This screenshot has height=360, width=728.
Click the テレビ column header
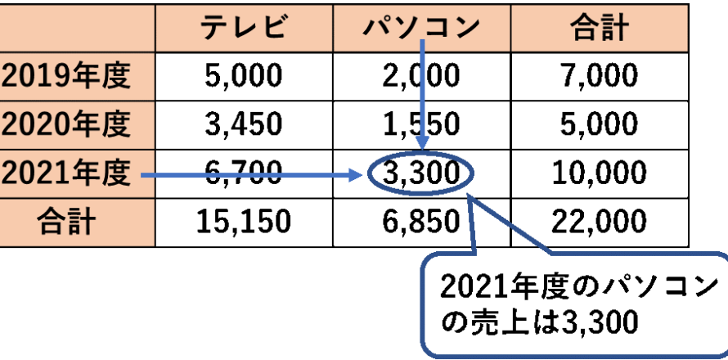[244, 28]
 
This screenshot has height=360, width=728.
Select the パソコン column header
[421, 28]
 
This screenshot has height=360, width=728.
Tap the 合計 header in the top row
[599, 28]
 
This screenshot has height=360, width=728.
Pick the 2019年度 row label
[67, 76]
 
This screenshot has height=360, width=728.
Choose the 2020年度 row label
[67, 124]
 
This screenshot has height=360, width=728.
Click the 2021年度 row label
[67, 173]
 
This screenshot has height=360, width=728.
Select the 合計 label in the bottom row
[67, 222]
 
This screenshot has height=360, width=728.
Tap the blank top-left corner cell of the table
[77, 27]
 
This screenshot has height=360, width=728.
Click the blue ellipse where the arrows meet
[420, 174]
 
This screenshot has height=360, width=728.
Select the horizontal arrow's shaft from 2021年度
[245, 174]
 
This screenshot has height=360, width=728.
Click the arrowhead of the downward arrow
[422, 142]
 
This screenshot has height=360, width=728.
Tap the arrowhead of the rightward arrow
[357, 174]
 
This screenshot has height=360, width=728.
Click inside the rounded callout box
[573, 307]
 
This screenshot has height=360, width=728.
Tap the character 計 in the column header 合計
[613, 28]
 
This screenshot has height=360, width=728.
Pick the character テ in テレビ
[214, 28]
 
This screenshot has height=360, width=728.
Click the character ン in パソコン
[465, 28]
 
